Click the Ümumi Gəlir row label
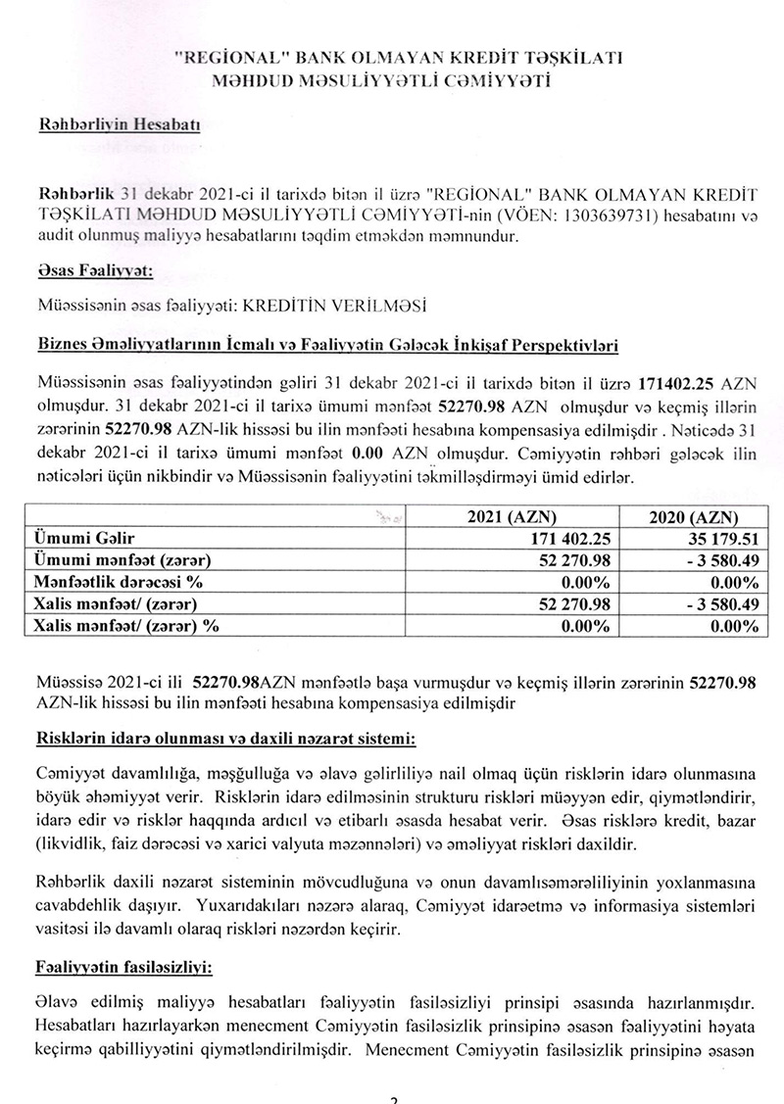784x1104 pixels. [77, 539]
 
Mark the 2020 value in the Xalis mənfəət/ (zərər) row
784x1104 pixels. [698, 603]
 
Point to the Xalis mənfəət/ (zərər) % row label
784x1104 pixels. [127, 625]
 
